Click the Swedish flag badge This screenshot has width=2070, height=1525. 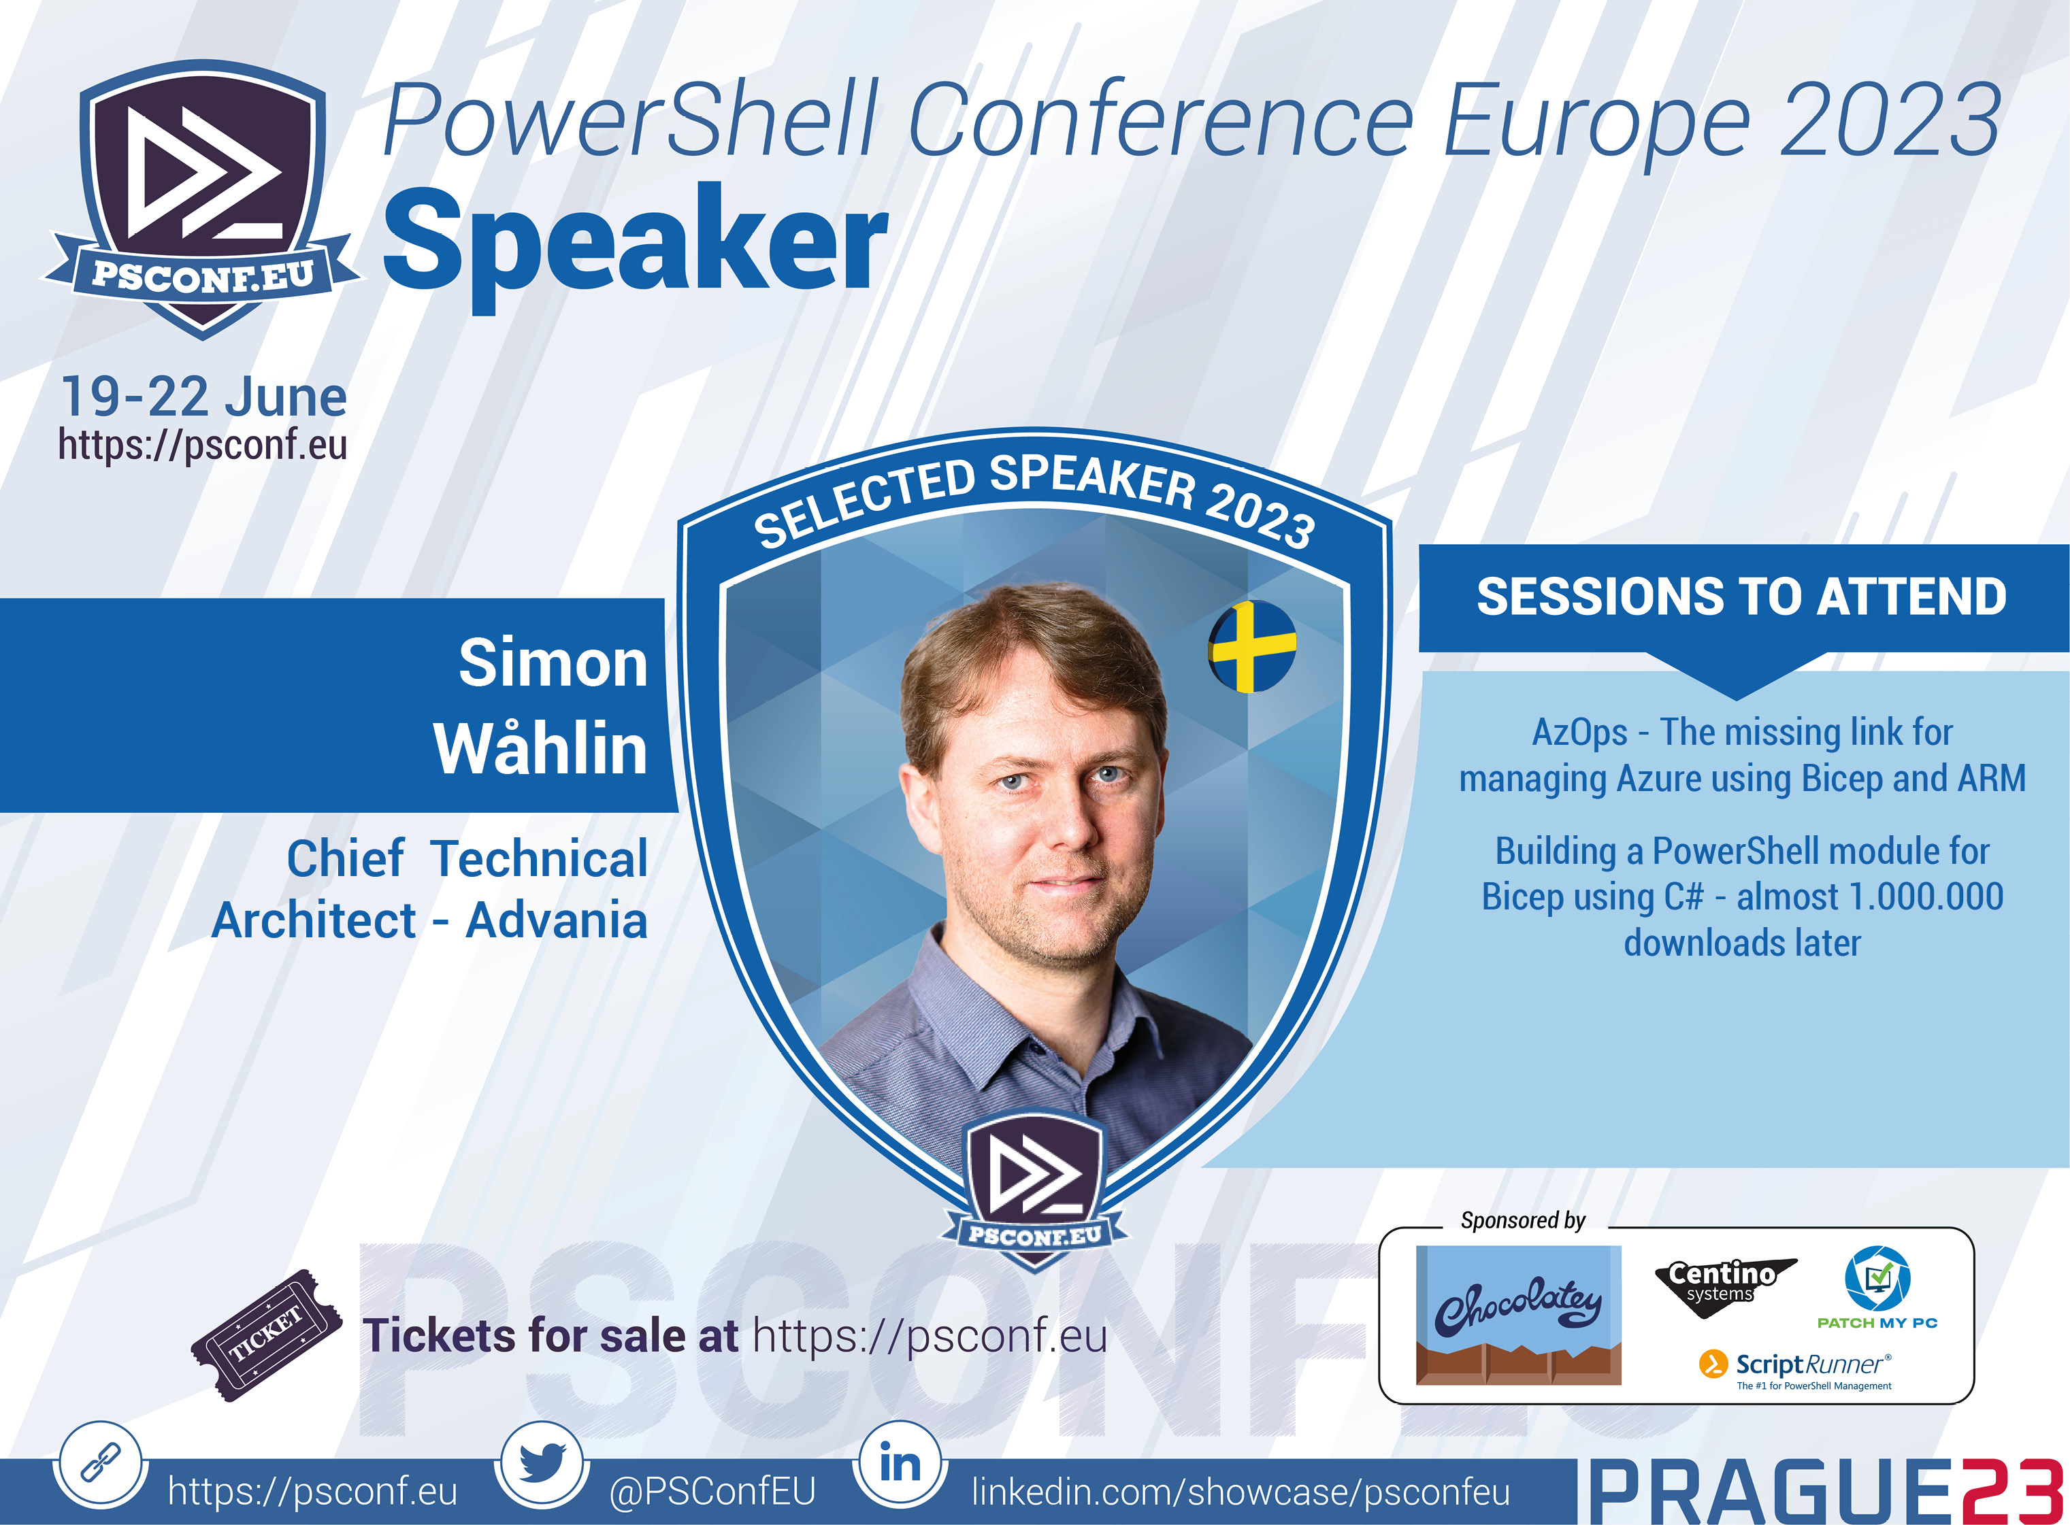[x=1252, y=646]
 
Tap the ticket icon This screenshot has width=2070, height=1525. [x=267, y=1335]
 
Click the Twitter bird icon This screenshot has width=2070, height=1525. [x=541, y=1463]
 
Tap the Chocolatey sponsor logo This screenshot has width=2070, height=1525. [x=1518, y=1315]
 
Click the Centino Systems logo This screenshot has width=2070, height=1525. [x=1723, y=1283]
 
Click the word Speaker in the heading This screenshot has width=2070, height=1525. [x=635, y=242]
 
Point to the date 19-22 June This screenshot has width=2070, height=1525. [x=203, y=397]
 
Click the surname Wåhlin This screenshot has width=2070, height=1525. [x=540, y=748]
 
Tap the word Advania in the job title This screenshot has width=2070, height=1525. [x=556, y=920]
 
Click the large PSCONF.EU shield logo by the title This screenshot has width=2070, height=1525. [x=202, y=199]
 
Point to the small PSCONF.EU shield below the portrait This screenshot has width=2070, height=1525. [x=1034, y=1191]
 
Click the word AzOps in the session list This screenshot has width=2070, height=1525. [x=1579, y=732]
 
